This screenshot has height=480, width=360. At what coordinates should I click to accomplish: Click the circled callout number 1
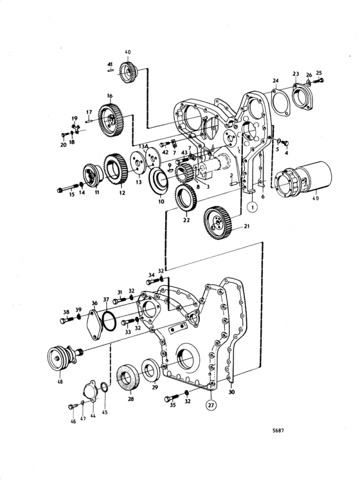[x=253, y=208]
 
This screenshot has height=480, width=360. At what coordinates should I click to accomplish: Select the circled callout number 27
[x=211, y=405]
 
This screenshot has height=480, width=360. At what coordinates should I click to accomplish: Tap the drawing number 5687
[x=278, y=431]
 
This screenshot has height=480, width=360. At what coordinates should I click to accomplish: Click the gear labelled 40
[x=128, y=73]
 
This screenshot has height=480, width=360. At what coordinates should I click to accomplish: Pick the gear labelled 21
[x=218, y=222]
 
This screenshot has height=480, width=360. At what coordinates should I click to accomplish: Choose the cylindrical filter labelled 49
[x=303, y=179]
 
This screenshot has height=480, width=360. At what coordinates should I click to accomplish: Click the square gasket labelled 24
[x=281, y=103]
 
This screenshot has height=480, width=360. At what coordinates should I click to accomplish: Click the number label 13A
[x=143, y=147]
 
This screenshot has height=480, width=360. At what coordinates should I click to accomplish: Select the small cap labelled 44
[x=91, y=390]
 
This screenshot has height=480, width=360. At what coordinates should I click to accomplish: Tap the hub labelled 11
[x=93, y=175]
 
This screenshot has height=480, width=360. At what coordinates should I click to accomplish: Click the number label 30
[x=231, y=391]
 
